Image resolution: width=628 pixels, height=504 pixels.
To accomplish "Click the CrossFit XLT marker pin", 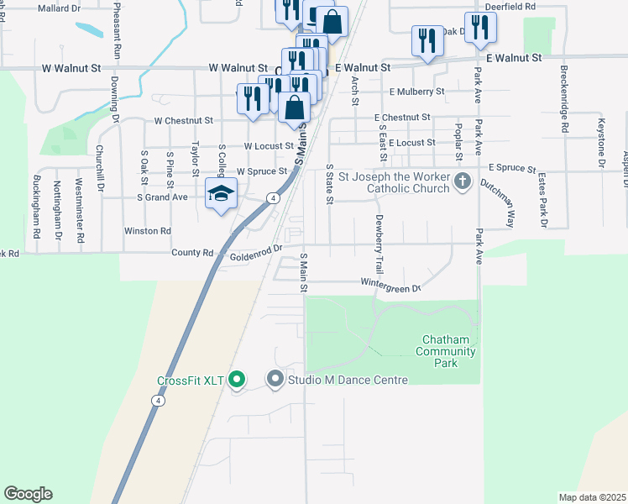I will tap(236, 381).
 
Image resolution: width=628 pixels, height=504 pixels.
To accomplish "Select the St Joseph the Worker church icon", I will tap(462, 181).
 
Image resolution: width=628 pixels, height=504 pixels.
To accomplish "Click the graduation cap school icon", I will tap(221, 194).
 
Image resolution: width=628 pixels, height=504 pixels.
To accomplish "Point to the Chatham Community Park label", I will tap(447, 351).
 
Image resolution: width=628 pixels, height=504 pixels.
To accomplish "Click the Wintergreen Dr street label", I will tap(390, 286).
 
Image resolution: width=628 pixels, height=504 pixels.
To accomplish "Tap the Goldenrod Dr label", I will tap(254, 257).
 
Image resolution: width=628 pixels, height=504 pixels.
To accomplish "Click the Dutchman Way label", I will tap(498, 202).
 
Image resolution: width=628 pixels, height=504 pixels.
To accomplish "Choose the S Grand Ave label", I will tap(162, 197).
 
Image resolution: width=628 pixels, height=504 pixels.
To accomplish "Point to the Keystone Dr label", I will tap(601, 143).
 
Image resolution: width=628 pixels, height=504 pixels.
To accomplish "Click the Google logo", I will tap(28, 494).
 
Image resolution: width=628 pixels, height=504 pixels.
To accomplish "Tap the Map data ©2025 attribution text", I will tap(591, 497).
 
